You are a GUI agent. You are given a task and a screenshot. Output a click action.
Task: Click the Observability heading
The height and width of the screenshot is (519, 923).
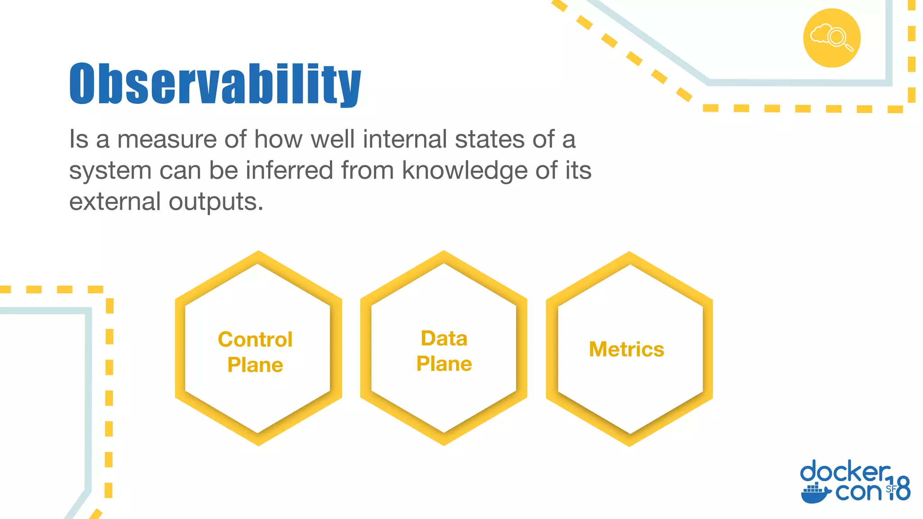coord(215,84)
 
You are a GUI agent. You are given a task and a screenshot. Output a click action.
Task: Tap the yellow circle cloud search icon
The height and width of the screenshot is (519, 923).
coord(832,38)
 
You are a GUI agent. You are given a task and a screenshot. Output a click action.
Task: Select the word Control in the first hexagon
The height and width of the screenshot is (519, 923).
coord(255,340)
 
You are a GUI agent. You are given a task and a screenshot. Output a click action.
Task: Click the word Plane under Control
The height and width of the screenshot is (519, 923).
coord(255,365)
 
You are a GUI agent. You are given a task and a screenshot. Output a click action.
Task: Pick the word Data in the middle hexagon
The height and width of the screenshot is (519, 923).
coord(444,339)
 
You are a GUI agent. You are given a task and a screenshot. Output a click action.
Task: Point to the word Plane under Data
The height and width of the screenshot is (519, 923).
coord(444,364)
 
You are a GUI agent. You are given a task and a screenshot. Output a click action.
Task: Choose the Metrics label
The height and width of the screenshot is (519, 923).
coord(626,350)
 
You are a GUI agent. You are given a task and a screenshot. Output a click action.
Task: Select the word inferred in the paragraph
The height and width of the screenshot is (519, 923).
coord(289,171)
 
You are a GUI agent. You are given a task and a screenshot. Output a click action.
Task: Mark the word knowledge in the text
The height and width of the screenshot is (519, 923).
coord(464,171)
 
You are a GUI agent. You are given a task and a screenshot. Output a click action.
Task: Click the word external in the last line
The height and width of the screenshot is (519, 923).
coord(114,201)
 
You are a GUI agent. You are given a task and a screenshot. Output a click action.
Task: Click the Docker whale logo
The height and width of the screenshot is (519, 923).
coord(815,493)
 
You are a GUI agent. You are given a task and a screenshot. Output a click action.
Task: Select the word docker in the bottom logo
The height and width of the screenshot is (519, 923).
coord(845,473)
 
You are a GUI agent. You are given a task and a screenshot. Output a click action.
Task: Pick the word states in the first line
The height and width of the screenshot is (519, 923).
coord(489,139)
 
